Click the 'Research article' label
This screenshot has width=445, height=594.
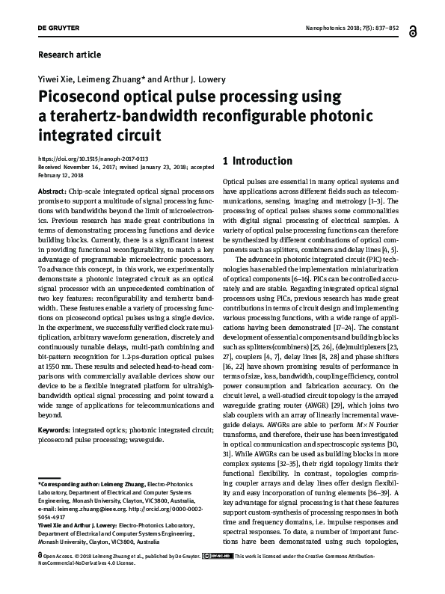(x=68, y=55)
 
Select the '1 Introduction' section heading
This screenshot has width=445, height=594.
(x=258, y=161)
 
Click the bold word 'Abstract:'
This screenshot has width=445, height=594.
(x=51, y=192)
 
